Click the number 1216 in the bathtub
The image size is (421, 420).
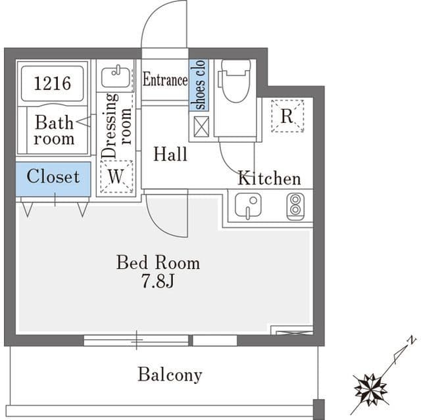pyautogui.click(x=53, y=83)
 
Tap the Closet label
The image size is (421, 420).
pyautogui.click(x=53, y=176)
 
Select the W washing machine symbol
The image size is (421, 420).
pyautogui.click(x=116, y=176)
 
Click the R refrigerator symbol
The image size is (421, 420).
pyautogui.click(x=287, y=116)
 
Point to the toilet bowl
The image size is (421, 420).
pyautogui.click(x=236, y=81)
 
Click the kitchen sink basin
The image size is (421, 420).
pyautogui.click(x=248, y=205)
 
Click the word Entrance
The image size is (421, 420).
pyautogui.click(x=165, y=80)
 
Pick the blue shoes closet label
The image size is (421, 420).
pyautogui.click(x=199, y=85)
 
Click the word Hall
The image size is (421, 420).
pyautogui.click(x=170, y=154)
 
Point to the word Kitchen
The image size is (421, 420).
pyautogui.click(x=269, y=178)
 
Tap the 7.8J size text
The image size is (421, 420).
pyautogui.click(x=158, y=281)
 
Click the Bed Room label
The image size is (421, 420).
pyautogui.click(x=158, y=262)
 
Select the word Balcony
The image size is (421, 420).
pyautogui.click(x=170, y=375)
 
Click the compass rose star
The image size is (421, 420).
pyautogui.click(x=370, y=389)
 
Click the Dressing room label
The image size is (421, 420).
pyautogui.click(x=116, y=126)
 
